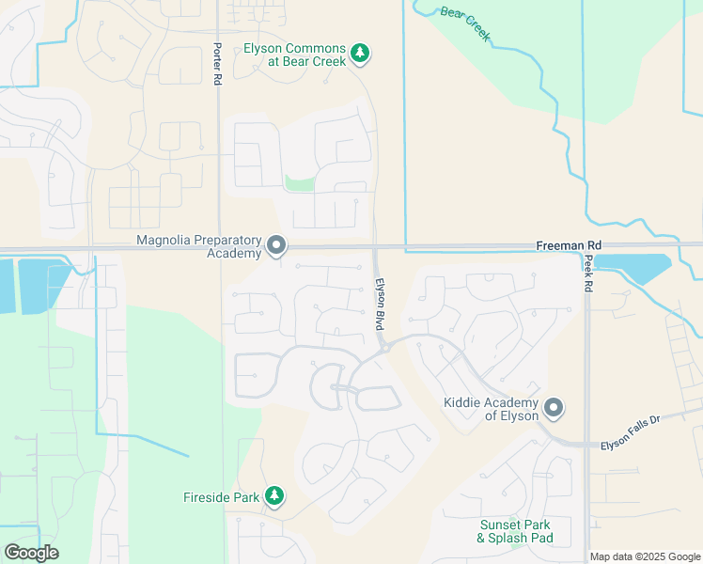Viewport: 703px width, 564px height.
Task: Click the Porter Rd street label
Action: (x=217, y=65)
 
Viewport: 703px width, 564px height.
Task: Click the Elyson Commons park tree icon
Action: (x=359, y=54)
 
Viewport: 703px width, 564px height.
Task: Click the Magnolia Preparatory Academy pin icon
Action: (x=276, y=246)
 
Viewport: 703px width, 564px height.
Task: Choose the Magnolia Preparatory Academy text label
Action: (x=198, y=246)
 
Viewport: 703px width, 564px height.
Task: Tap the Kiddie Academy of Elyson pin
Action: (x=554, y=408)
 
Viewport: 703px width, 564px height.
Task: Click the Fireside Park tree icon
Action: (x=274, y=495)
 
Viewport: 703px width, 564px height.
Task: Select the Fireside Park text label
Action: (x=220, y=496)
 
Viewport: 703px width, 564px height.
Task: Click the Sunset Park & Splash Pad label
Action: (x=514, y=531)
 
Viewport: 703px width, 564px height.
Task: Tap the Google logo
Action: (x=31, y=552)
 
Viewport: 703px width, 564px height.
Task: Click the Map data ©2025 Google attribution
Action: (x=645, y=556)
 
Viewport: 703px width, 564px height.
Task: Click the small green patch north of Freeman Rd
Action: (x=299, y=183)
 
